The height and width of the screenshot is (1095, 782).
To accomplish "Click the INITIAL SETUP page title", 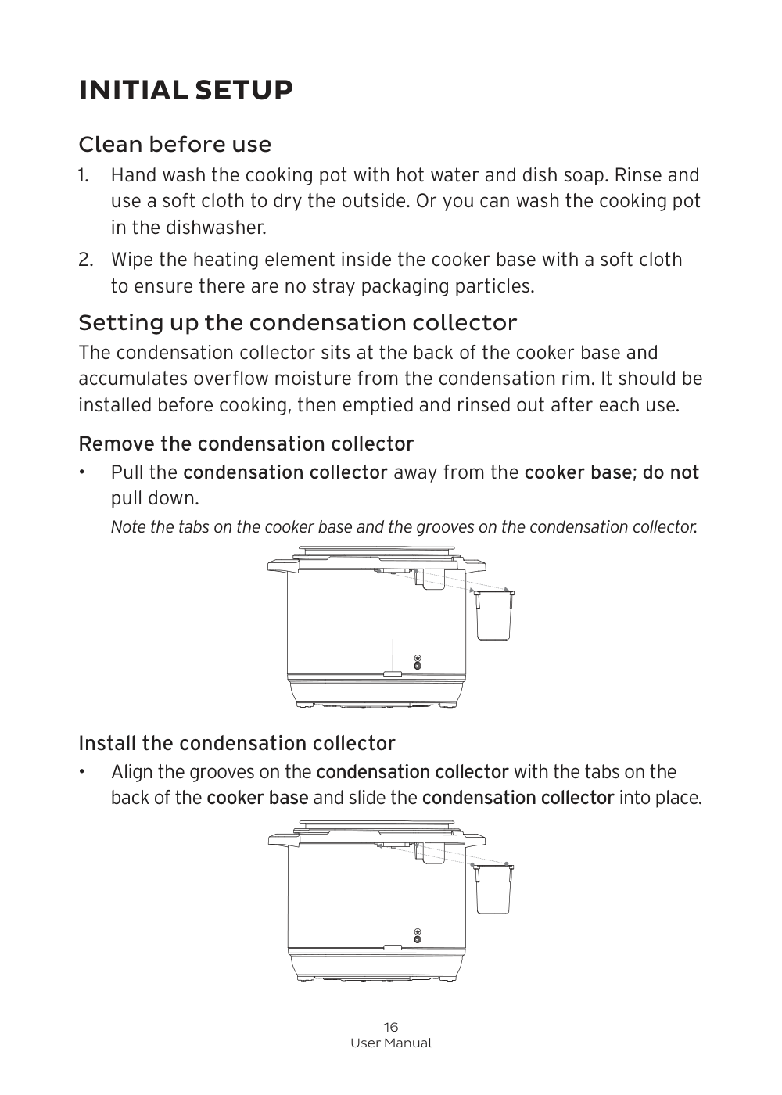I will pyautogui.click(x=186, y=91).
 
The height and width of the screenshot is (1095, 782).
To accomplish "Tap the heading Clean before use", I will pyautogui.click(x=175, y=145).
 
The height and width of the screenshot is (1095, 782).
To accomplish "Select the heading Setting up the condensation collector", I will pyautogui.click(x=297, y=322).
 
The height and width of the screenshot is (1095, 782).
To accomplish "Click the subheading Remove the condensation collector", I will pyautogui.click(x=246, y=444).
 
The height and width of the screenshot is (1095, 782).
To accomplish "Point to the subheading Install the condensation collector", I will pyautogui.click(x=237, y=743).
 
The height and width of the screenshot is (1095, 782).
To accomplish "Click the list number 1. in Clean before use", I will pyautogui.click(x=85, y=175).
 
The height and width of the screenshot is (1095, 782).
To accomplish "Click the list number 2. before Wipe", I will pyautogui.click(x=86, y=260).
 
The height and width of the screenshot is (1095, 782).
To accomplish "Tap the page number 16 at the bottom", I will pyautogui.click(x=391, y=1027).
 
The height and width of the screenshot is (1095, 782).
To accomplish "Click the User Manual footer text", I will pyautogui.click(x=391, y=1043).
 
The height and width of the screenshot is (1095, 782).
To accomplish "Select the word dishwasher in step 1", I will pyautogui.click(x=221, y=228).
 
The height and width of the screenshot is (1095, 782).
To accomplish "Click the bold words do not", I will pyautogui.click(x=670, y=472).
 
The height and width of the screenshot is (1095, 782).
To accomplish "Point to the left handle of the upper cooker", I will pyautogui.click(x=278, y=565).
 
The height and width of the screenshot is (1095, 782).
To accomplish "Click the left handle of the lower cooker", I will pyautogui.click(x=278, y=839).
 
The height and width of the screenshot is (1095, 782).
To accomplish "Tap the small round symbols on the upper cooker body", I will pyautogui.click(x=418, y=662).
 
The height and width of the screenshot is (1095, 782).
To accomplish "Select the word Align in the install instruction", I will pyautogui.click(x=132, y=772).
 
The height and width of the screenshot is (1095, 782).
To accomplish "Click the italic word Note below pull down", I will pyautogui.click(x=127, y=527).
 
